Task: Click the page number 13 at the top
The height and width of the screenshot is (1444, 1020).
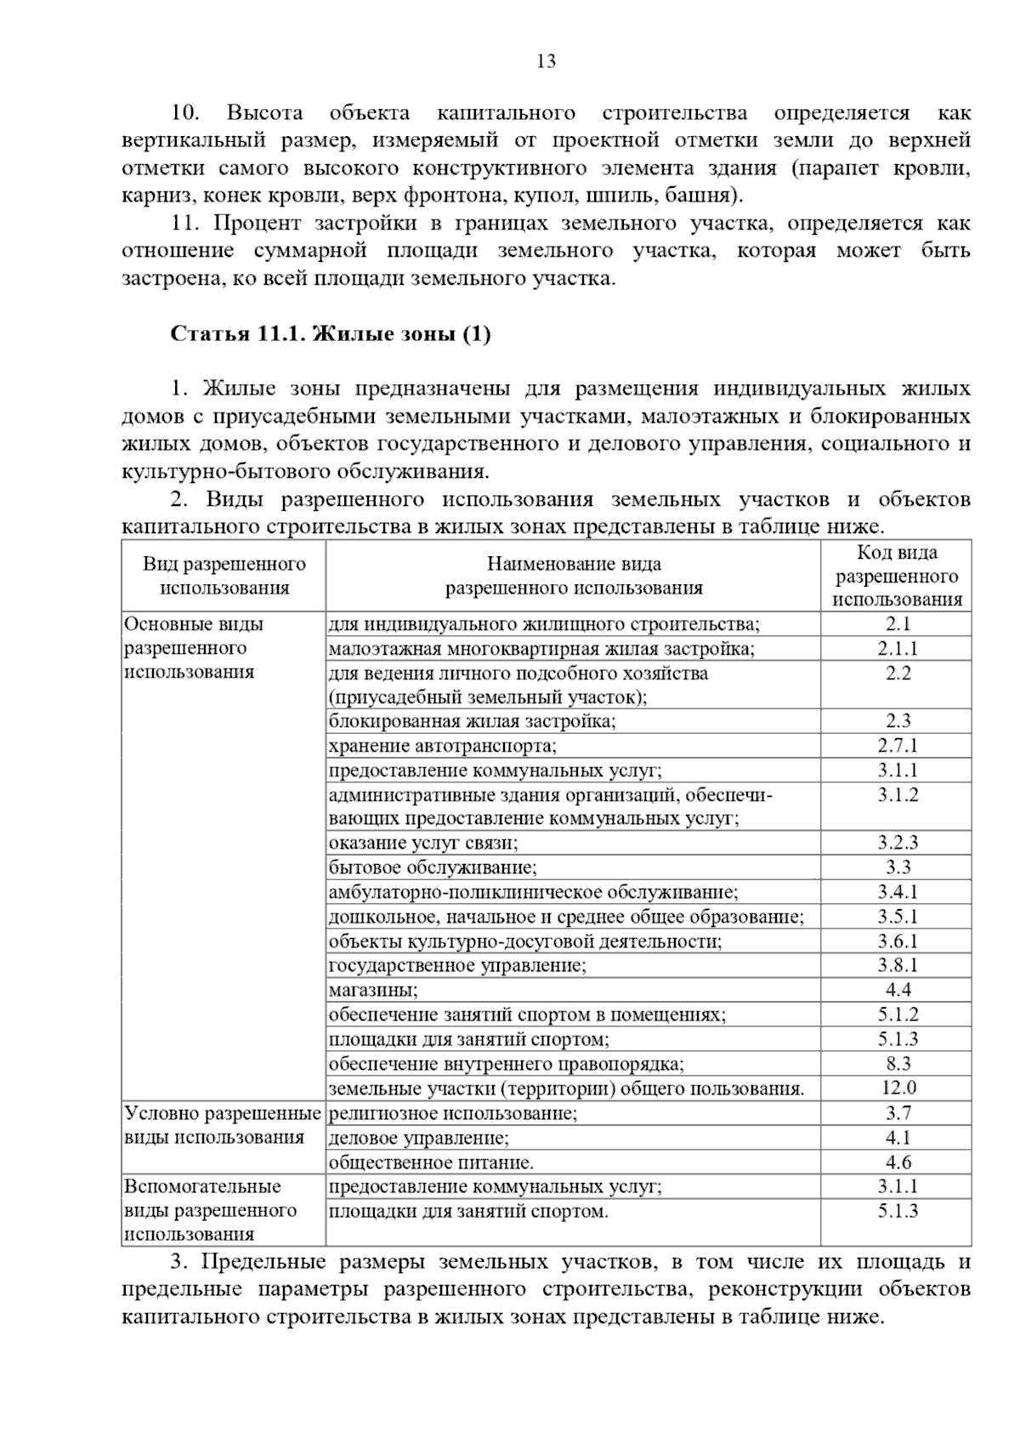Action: (x=546, y=61)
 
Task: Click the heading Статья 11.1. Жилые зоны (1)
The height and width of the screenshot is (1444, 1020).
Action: (x=331, y=334)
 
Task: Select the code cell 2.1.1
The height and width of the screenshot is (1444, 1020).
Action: (x=897, y=649)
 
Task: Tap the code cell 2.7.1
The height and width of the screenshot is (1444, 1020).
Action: (x=897, y=746)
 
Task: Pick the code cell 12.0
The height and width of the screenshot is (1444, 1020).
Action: (x=897, y=1088)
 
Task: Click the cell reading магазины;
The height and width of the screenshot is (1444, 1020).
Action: (x=373, y=990)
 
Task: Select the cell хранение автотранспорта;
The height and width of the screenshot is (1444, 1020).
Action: (x=443, y=747)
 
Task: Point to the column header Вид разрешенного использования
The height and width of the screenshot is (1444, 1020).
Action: (x=224, y=576)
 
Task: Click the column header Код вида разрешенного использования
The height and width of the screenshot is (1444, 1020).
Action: (x=897, y=576)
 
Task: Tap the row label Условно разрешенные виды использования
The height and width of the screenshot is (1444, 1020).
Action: (x=223, y=1125)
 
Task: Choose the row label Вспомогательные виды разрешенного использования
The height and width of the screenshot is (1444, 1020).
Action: (x=211, y=1210)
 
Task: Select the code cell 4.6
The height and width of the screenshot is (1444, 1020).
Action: (x=897, y=1163)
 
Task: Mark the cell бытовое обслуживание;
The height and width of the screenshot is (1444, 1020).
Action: (x=433, y=867)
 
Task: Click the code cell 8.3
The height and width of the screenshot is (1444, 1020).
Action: (x=897, y=1064)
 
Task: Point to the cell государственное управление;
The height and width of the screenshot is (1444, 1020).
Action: (x=457, y=966)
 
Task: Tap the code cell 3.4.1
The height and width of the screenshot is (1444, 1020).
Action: (x=897, y=892)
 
